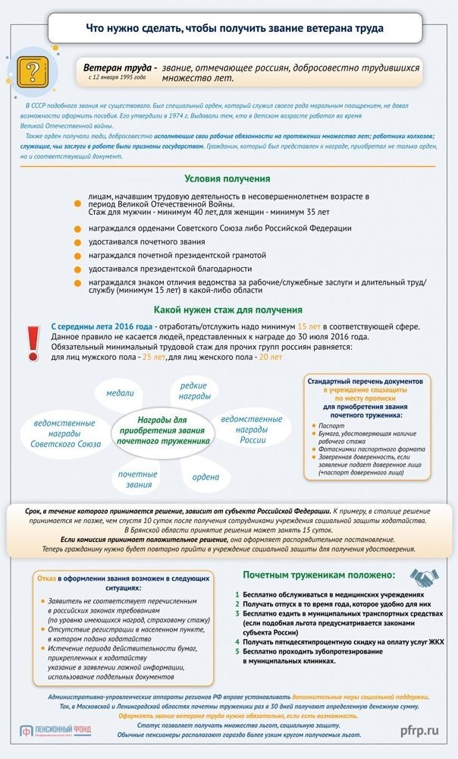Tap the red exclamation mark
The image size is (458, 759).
(x=33, y=342)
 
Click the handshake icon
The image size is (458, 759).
(x=425, y=578)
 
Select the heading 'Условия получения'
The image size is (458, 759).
(x=227, y=178)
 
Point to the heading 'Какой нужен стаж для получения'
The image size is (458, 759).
(x=228, y=310)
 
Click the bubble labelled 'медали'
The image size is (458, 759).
(x=120, y=393)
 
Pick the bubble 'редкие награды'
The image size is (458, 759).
(x=195, y=391)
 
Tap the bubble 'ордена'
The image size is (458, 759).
(x=205, y=477)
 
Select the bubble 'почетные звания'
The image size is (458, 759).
(x=138, y=480)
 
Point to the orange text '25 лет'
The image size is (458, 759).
(x=154, y=357)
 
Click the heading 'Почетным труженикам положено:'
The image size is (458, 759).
(x=318, y=575)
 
